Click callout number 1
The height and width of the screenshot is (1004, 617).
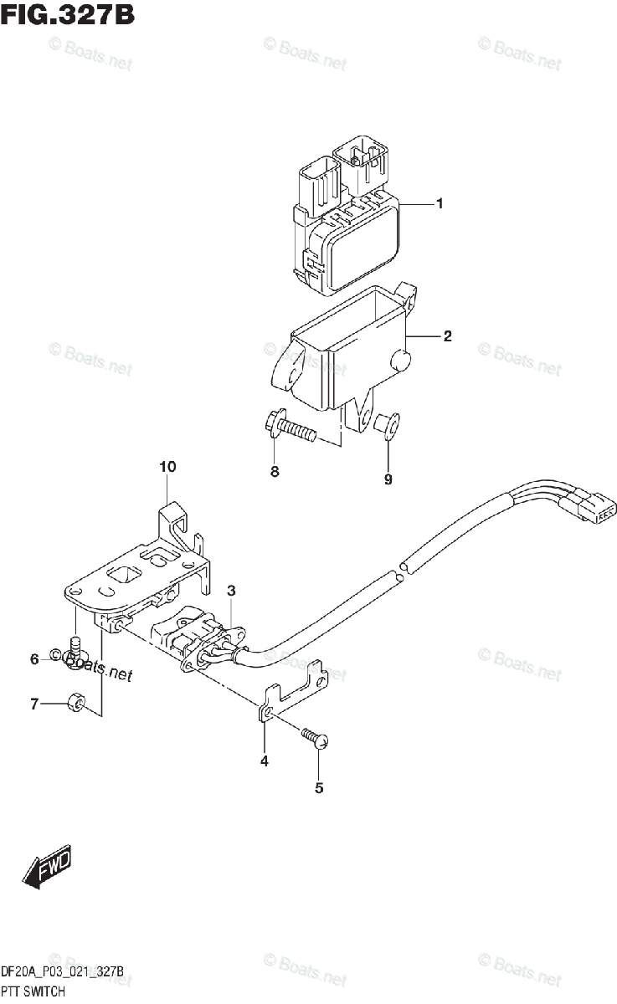coord(439,203)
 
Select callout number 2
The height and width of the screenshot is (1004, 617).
coord(447,336)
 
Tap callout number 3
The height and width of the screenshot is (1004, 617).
coord(232,591)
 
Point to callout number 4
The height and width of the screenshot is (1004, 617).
coord(265,761)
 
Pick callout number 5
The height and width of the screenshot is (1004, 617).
coord(319,786)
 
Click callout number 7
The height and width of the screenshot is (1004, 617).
coord(34,705)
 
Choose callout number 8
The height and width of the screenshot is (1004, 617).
coord(274,472)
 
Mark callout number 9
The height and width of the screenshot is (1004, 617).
coord(388,479)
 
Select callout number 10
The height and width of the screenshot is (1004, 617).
coord(167,466)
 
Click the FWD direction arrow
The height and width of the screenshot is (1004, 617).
coord(46,866)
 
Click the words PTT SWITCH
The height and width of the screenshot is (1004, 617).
coord(39,991)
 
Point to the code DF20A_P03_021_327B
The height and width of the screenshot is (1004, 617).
coord(63,971)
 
